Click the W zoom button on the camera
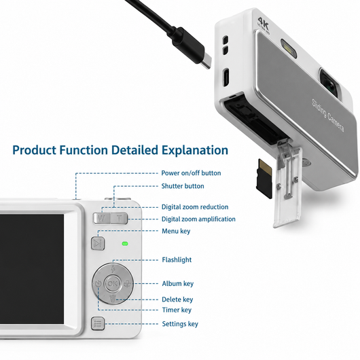click(101, 218)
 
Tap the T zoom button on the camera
click(119, 218)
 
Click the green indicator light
click(125, 244)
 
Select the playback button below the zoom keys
click(98, 243)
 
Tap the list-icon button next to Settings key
click(98, 324)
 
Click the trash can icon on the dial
click(113, 298)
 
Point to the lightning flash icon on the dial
click(113, 269)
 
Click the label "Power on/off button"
click(191, 173)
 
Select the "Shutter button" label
click(183, 186)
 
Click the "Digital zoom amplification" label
click(198, 219)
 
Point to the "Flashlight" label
click(177, 259)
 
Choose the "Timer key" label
click(177, 310)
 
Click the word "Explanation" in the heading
click(195, 150)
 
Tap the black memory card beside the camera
click(265, 179)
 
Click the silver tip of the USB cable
click(206, 61)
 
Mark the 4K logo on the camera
click(263, 25)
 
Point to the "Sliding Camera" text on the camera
click(328, 115)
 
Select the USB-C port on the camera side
click(226, 77)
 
